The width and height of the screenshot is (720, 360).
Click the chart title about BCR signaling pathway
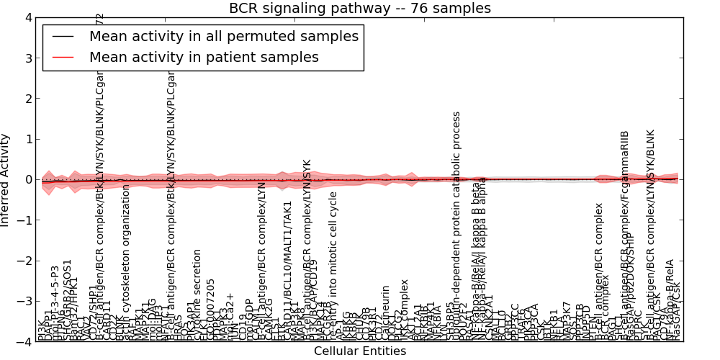(x=360, y=9)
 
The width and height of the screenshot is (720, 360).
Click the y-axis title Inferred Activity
(x=6, y=180)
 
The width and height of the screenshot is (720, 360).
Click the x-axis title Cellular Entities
(x=360, y=351)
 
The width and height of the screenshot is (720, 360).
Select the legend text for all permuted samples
(x=223, y=36)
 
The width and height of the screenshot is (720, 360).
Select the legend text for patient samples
(x=204, y=57)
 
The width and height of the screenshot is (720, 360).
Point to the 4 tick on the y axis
(x=28, y=17)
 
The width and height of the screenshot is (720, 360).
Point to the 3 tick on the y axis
(x=28, y=58)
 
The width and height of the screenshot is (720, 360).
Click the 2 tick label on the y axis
(x=28, y=99)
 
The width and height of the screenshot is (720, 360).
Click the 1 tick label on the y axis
(x=28, y=139)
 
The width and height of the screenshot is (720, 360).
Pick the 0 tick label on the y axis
(x=28, y=180)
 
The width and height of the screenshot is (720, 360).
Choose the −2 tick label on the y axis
(x=25, y=261)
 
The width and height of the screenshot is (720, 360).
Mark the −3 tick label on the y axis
(x=25, y=302)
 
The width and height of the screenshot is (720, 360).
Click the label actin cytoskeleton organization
(x=126, y=262)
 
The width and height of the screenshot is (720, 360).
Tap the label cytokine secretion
(x=197, y=295)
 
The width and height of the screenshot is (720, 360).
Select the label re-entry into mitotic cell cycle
(x=333, y=266)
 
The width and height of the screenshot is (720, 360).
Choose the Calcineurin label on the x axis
(x=385, y=312)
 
